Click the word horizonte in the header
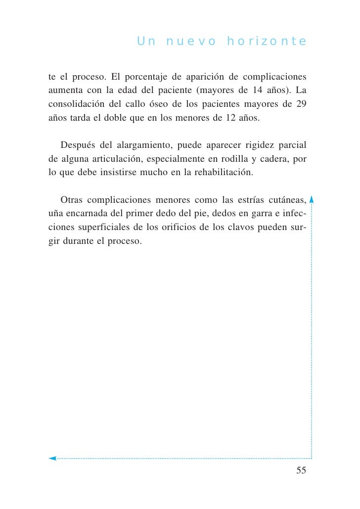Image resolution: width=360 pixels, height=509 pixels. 267,42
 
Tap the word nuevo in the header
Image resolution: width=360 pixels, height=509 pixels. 191,42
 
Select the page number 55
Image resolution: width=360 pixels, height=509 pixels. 301,470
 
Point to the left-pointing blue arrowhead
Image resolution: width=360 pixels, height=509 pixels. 52,458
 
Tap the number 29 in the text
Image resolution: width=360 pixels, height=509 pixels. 301,105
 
